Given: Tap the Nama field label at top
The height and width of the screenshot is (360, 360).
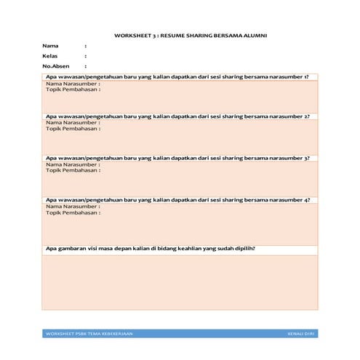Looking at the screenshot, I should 50,45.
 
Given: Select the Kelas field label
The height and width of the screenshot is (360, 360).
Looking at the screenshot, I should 51,55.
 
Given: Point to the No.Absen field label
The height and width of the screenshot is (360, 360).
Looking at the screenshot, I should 55,66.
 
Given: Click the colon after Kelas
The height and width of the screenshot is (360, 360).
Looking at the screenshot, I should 86,55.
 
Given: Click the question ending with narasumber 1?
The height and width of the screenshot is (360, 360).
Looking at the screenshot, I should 177,76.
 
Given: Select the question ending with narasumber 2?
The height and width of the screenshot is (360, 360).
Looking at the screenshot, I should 177,117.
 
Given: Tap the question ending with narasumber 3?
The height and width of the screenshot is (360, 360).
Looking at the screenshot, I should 177,158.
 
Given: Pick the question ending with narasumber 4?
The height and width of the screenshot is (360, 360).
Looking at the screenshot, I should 177,199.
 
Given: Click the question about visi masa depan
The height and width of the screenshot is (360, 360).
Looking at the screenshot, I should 155,249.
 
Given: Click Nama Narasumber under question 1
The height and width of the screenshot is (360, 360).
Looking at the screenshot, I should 73,84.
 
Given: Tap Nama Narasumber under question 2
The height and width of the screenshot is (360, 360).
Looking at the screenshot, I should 73,124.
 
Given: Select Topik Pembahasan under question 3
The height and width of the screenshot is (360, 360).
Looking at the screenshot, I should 73,171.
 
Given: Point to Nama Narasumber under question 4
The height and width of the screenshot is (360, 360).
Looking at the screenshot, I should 73,207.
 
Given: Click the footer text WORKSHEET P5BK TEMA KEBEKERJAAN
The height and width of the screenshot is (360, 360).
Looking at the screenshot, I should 89,333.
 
